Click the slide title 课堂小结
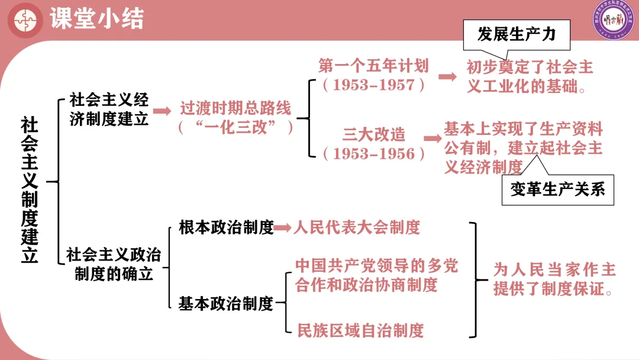[96, 19]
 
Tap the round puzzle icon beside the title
[25, 20]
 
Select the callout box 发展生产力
[517, 34]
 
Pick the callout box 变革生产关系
[557, 189]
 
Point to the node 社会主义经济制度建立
[109, 108]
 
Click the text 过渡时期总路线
[235, 109]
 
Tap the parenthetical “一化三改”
[235, 127]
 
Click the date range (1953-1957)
[373, 85]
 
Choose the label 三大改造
[374, 134]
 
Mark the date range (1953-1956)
[374, 153]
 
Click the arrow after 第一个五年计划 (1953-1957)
[448, 76]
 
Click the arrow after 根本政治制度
[283, 227]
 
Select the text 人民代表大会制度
[357, 227]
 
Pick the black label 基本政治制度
[226, 304]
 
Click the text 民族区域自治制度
[360, 330]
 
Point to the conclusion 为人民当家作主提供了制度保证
[554, 280]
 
